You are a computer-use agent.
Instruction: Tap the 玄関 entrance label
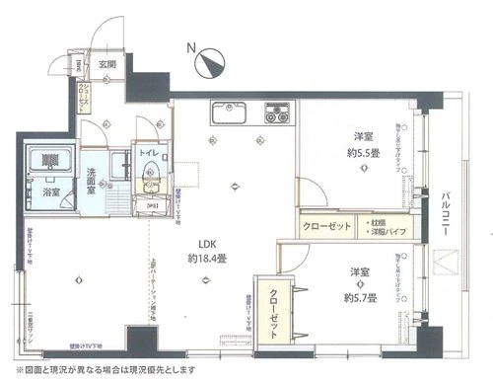[106, 65]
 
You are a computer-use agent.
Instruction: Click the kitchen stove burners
[273, 113]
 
